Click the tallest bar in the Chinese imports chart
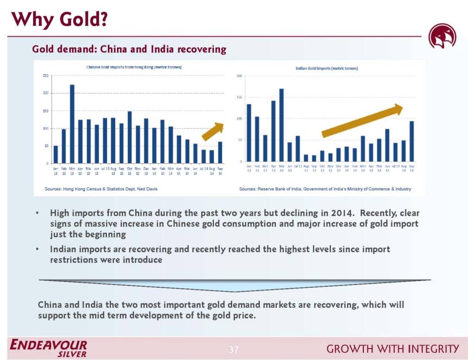click(x=72, y=124)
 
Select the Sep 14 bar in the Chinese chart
click(x=220, y=152)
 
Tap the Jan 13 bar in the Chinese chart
click(x=56, y=154)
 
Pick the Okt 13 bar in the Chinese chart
click(x=130, y=137)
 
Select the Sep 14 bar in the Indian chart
click(x=411, y=141)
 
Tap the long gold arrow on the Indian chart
click(x=362, y=121)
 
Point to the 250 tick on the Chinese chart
click(x=46, y=75)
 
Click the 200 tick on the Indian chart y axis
click(x=239, y=76)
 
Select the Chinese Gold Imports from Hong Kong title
click(x=134, y=67)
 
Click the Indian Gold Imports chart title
click(x=327, y=68)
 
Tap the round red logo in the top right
click(x=442, y=37)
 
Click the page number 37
click(x=234, y=350)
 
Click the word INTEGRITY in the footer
click(x=434, y=349)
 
